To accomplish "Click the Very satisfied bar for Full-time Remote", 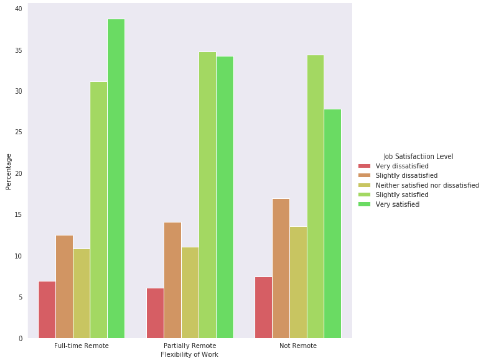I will tap(116, 178).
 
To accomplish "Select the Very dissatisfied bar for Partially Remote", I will tap(155, 313).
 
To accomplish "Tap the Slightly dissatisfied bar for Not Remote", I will tap(281, 268).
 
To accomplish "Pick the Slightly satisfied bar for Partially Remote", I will tap(207, 194).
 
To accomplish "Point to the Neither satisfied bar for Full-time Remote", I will tap(81, 293).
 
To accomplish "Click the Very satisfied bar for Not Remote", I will tap(333, 223).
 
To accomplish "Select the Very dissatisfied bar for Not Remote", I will tap(264, 307).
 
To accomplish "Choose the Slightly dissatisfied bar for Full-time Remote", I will tap(64, 286).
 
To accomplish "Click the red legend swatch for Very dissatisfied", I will tap(364, 166).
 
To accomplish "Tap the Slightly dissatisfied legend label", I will tap(406, 175).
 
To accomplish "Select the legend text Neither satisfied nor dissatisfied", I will tap(427, 185).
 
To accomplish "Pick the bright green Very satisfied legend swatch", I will tap(364, 205).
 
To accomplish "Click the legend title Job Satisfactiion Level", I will tap(419, 156).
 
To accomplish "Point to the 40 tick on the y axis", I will tap(18, 9).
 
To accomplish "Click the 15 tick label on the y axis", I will tap(18, 215).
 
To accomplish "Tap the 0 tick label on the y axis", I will tap(20, 339).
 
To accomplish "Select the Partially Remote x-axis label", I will tap(190, 346).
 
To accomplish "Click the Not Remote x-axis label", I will tap(298, 346).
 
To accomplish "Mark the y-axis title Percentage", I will tap(8, 172).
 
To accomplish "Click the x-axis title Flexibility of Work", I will tap(190, 355).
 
